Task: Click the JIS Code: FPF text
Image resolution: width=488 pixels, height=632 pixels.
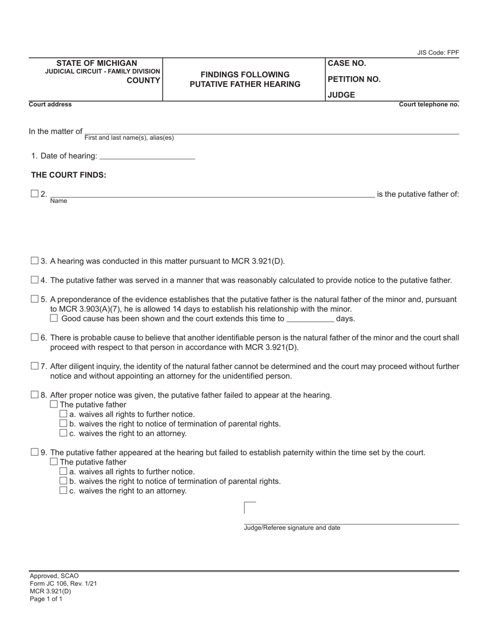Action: click(438, 52)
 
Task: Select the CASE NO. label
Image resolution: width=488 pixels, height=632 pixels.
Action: click(347, 63)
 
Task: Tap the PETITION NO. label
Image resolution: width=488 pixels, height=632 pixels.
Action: click(354, 79)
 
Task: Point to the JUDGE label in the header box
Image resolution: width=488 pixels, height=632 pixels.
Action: click(341, 95)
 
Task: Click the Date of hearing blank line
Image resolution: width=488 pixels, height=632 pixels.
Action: click(147, 156)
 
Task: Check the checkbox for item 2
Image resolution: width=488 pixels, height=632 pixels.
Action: click(34, 194)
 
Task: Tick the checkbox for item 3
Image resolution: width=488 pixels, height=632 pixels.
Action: click(34, 261)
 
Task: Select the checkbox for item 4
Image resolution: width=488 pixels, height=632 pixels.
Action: click(34, 280)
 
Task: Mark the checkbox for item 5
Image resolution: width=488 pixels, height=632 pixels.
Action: click(34, 299)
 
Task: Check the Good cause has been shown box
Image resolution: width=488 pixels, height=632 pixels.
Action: click(54, 319)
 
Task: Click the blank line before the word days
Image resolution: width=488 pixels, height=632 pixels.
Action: click(310, 319)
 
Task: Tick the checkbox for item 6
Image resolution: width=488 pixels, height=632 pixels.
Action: click(34, 338)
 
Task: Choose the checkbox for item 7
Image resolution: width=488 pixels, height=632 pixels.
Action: click(34, 366)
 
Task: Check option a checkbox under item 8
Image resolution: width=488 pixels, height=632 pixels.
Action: click(63, 414)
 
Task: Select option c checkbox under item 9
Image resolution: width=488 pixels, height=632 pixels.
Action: click(63, 491)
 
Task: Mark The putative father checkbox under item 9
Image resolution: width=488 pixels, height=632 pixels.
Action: click(54, 462)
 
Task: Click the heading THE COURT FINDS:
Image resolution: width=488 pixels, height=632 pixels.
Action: click(69, 175)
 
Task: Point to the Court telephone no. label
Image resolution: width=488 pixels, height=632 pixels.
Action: click(429, 104)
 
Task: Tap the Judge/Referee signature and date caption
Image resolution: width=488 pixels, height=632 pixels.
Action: click(292, 528)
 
